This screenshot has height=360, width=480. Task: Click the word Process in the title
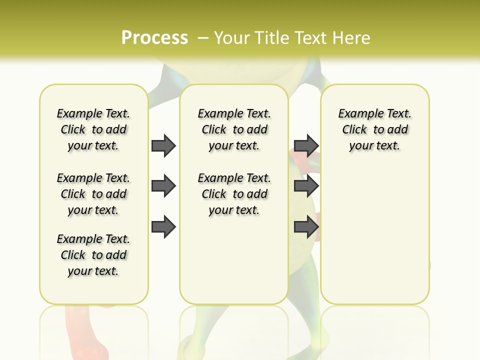click(x=154, y=38)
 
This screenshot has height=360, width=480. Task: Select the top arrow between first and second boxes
click(x=163, y=145)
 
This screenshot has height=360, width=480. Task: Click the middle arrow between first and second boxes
click(x=163, y=186)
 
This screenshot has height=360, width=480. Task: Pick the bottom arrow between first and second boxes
click(x=163, y=227)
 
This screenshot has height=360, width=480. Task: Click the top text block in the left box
click(x=93, y=129)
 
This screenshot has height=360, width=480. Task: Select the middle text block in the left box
click(x=93, y=194)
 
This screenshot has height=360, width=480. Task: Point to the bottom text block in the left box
click(x=93, y=255)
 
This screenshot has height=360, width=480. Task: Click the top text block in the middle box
click(x=234, y=129)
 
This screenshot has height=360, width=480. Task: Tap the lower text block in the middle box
click(x=234, y=194)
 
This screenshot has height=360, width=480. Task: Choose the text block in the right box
click(x=374, y=129)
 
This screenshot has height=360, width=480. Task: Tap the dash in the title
click(x=203, y=38)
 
